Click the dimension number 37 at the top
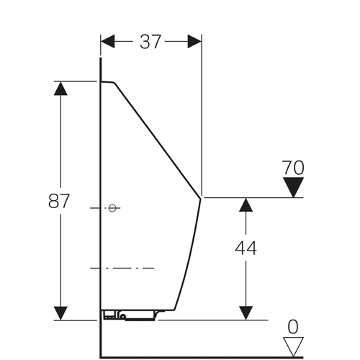tap(150, 42)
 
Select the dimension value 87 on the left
tap(59, 201)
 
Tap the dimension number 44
tap(246, 248)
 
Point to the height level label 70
tap(293, 168)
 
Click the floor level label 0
tap(293, 327)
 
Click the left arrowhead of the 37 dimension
tap(108, 41)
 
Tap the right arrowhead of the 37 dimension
tap(194, 41)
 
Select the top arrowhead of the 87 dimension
tap(60, 89)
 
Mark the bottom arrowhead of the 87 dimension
tap(60, 313)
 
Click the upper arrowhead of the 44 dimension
tap(246, 204)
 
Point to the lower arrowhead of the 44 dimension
tap(246, 313)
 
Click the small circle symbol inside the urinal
tap(112, 208)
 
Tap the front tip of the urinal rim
tap(200, 198)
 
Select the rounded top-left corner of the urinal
tap(114, 83)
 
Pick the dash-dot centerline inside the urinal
tap(122, 268)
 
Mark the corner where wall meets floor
tap(101, 357)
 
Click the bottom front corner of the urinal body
tap(174, 310)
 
